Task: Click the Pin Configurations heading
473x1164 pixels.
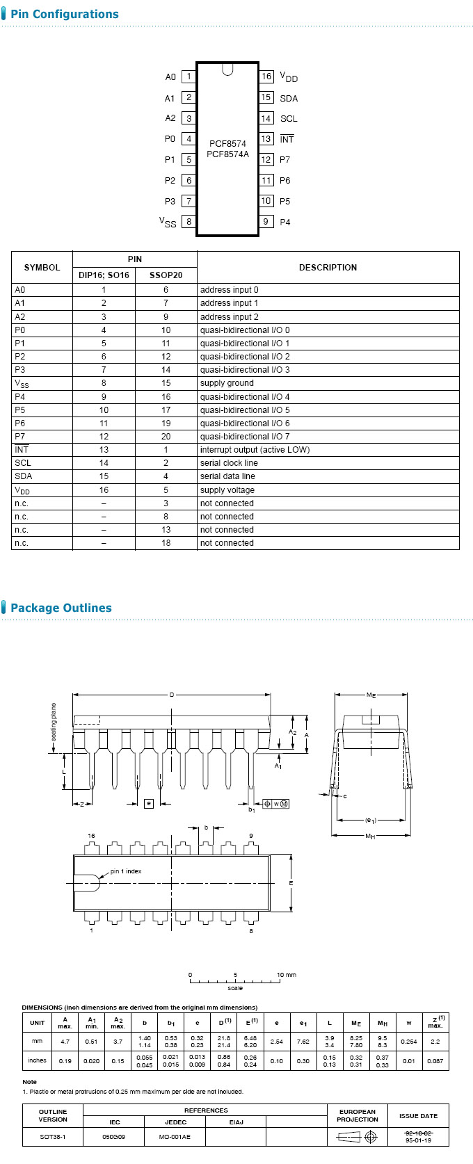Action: click(64, 14)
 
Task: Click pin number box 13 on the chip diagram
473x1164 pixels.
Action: click(266, 139)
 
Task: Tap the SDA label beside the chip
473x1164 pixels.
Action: click(289, 99)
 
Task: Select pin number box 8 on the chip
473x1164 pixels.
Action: click(189, 222)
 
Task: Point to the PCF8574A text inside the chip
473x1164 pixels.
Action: click(227, 154)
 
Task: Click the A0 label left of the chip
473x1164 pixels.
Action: click(170, 77)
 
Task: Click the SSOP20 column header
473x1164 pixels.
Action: click(166, 275)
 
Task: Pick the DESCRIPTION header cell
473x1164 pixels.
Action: click(328, 268)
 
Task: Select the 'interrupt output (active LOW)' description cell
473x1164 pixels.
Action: click(255, 450)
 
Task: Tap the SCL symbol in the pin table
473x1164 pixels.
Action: click(23, 463)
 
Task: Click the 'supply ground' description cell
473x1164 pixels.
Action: click(227, 383)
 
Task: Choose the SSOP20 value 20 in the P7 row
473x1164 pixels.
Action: click(166, 437)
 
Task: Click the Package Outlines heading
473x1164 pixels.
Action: click(61, 608)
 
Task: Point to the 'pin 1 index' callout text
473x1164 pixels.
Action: click(126, 871)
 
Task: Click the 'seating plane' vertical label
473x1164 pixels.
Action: click(54, 727)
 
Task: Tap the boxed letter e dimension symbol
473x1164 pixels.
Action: click(148, 803)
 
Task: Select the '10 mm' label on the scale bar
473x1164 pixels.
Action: click(286, 975)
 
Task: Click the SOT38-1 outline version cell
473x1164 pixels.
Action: click(53, 1137)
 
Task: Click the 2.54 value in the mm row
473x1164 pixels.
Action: click(277, 1042)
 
